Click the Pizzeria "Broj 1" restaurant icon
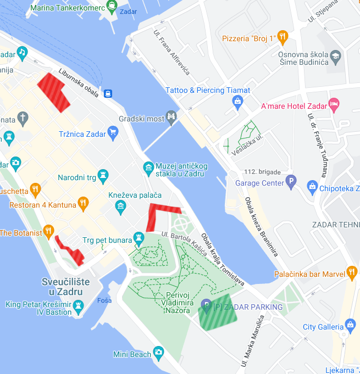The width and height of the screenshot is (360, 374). tap(283, 37)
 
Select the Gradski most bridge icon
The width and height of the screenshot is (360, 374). tap(172, 117)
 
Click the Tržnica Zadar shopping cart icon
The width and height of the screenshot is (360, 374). tap(113, 132)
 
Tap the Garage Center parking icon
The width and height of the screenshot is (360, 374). tap(291, 182)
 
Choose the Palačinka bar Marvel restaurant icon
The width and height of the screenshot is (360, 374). tap(352, 272)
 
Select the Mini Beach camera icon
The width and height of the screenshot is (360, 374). tap(159, 352)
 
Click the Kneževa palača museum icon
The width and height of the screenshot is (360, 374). tap(120, 206)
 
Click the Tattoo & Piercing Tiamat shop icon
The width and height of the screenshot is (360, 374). tap(237, 101)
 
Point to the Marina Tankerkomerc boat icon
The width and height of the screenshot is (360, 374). tap(112, 8)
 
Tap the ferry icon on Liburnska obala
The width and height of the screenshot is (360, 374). tap(108, 93)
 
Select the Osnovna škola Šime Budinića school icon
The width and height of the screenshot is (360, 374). tap(335, 55)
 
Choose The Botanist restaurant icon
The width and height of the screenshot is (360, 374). tap(49, 231)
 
